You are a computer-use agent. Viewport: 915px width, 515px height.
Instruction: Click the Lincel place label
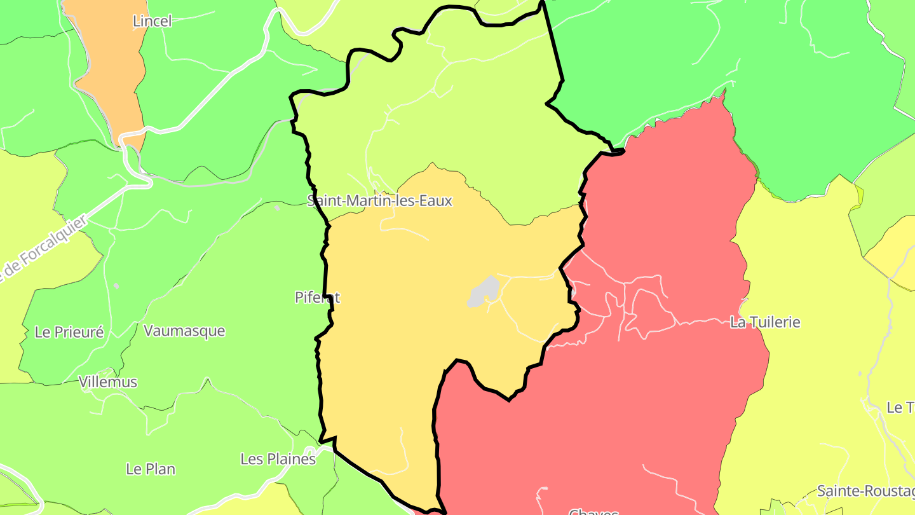[x=152, y=21]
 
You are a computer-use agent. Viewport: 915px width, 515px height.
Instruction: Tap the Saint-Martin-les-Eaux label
[x=379, y=201]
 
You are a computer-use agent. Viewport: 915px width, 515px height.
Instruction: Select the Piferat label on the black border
[x=318, y=297]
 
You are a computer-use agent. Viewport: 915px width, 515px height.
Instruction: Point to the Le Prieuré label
[x=69, y=332]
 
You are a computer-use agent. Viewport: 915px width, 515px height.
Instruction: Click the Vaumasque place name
[x=184, y=331]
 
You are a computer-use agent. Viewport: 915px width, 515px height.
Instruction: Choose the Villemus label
[x=108, y=382]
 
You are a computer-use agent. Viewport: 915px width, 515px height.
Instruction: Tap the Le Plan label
[x=151, y=469]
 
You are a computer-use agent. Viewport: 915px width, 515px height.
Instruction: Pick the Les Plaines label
[x=278, y=459]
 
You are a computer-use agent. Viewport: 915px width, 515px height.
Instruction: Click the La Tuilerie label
[x=764, y=322]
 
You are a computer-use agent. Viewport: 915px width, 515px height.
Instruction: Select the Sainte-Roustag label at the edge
[x=865, y=491]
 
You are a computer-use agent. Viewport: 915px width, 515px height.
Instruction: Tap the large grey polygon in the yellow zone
[x=484, y=292]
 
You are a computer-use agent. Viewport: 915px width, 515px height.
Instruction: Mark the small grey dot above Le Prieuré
[x=116, y=285]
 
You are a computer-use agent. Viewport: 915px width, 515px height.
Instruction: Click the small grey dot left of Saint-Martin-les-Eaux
[x=277, y=207]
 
